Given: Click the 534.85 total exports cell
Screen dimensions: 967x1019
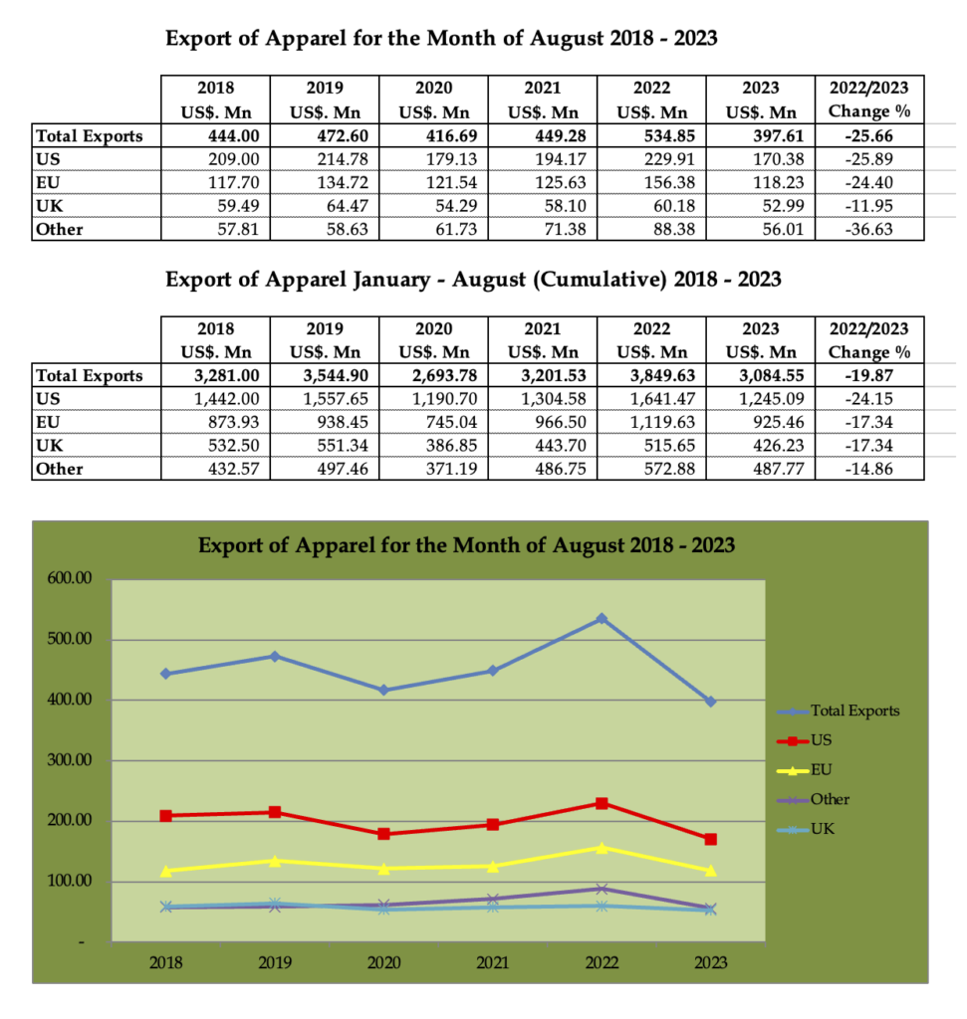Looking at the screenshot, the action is pos(651,135).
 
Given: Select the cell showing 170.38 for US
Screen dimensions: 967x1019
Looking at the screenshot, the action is pos(760,159).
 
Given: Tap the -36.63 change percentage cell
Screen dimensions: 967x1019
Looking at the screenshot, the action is pos(869,230).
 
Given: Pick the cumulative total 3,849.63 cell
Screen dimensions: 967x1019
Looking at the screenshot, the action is pos(651,375).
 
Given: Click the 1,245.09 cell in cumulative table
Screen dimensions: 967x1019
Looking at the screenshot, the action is pos(760,399).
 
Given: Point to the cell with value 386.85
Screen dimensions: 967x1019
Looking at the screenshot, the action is pos(433,446).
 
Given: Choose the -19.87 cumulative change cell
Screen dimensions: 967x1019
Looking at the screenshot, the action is pos(869,375).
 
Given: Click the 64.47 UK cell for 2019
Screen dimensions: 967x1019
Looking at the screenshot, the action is pos(325,206).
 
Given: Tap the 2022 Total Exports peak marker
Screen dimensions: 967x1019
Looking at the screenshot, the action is pos(602,619).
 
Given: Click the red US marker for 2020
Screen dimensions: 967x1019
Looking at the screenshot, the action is pos(383,834).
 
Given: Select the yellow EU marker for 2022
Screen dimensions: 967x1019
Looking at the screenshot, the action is pos(602,848).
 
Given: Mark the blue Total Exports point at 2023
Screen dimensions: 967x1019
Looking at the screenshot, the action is pos(710,702).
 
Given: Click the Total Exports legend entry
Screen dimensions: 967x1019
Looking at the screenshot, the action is pos(839,711).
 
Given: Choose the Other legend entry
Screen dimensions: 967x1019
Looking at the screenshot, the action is pos(814,799).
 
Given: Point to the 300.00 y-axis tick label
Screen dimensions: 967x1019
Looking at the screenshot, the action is pos(70,760).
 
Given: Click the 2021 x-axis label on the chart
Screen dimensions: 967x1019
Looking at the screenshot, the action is pos(492,962).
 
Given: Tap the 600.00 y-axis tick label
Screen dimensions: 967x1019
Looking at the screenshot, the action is pos(70,578).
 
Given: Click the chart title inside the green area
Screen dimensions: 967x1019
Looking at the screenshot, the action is pos(466,545).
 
